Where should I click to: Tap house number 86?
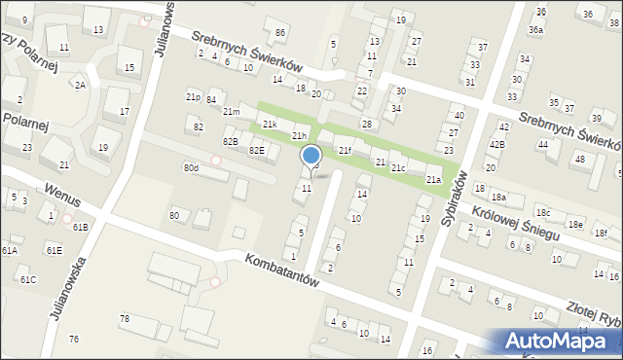click(x=280, y=33)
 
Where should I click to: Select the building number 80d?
click(x=191, y=168)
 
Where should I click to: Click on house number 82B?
click(x=230, y=142)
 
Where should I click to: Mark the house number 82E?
click(x=256, y=150)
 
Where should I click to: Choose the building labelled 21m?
click(x=231, y=112)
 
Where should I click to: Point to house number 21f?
click(x=345, y=150)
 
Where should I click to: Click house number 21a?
click(x=433, y=180)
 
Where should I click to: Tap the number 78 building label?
click(x=125, y=319)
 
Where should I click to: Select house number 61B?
click(x=80, y=227)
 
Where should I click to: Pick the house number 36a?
click(x=535, y=30)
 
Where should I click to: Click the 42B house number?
click(x=496, y=144)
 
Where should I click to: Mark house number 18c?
click(x=543, y=212)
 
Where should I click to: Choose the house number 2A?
click(x=81, y=86)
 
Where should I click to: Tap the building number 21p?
click(x=193, y=97)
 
